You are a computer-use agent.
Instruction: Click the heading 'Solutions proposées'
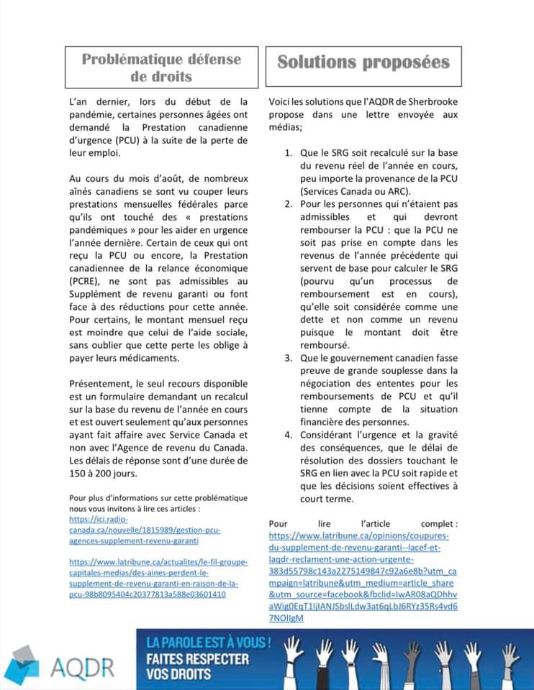[363, 61]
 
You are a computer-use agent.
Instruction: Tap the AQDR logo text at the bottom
[82, 666]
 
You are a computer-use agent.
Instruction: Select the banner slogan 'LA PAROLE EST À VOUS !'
[208, 640]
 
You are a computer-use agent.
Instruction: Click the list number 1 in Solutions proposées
[288, 153]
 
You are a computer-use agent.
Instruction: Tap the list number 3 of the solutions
[288, 357]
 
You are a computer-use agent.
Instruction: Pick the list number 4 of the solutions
[288, 434]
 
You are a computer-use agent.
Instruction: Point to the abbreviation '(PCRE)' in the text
[86, 281]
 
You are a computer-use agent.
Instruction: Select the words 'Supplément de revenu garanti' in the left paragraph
[136, 294]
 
